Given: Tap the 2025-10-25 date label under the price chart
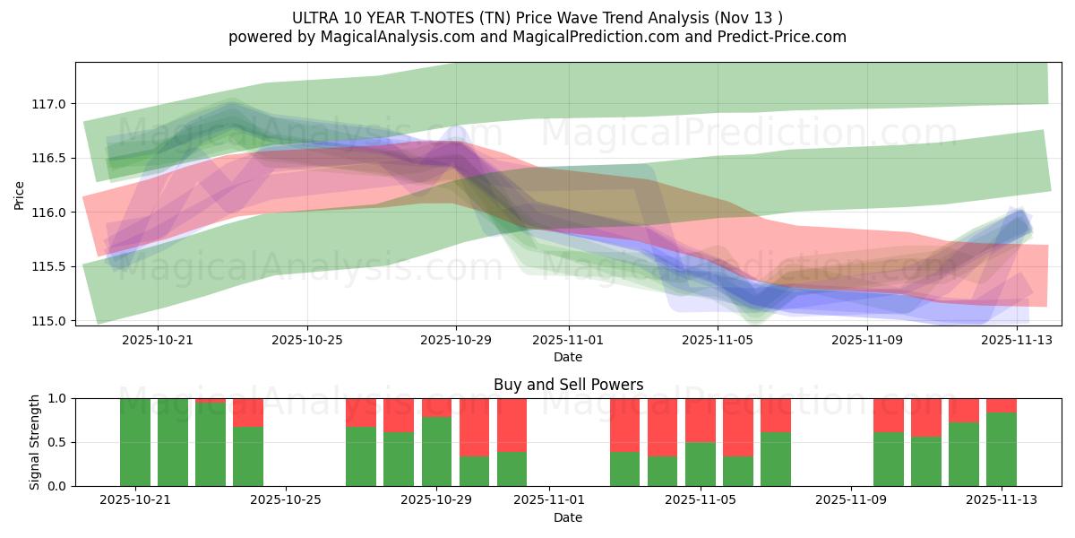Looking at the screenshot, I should (307, 341).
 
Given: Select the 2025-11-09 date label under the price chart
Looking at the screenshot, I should (867, 341).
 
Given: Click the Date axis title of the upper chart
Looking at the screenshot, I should (568, 358).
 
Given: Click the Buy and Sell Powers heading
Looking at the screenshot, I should (568, 385).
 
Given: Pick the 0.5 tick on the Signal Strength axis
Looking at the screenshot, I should (56, 442).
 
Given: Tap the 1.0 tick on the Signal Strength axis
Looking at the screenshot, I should (56, 398).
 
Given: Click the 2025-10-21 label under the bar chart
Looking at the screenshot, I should (135, 500).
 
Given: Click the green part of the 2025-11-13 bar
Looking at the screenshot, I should (1002, 448).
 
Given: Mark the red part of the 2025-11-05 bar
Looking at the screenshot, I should (701, 420).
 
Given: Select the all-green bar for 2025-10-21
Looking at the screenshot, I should (135, 442).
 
